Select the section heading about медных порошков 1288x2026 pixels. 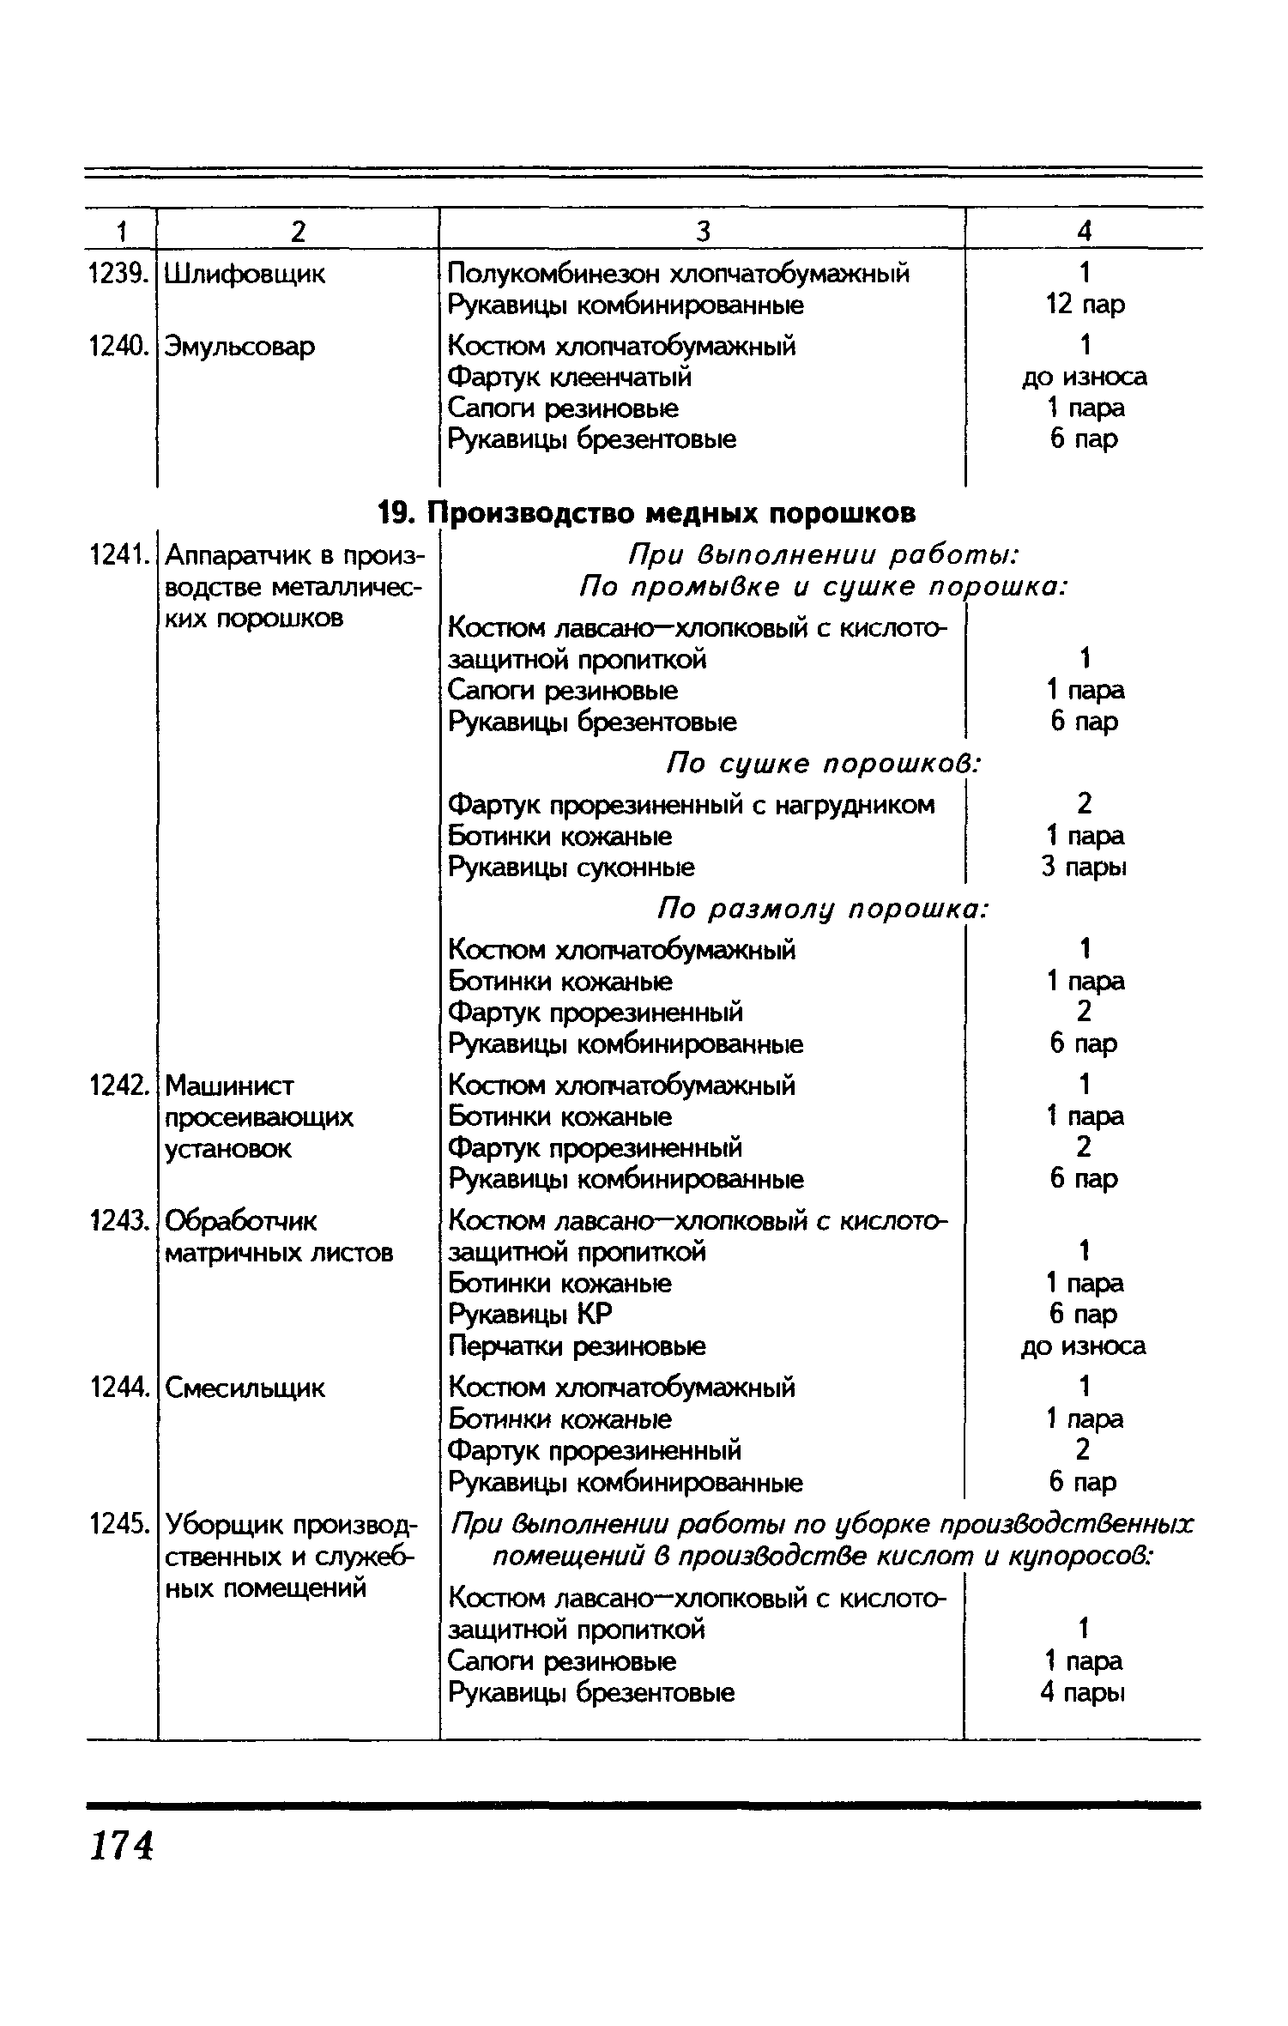(x=647, y=513)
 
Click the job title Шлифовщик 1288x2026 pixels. (x=245, y=275)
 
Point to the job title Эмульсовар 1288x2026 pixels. (x=239, y=347)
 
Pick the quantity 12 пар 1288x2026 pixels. (x=1085, y=305)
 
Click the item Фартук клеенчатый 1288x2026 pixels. (x=570, y=378)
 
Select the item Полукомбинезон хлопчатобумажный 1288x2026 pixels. (x=678, y=274)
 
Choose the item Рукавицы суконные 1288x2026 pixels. (x=571, y=868)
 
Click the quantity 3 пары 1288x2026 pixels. (x=1084, y=868)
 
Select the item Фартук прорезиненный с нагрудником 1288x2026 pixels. (x=692, y=805)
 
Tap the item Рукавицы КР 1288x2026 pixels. (x=530, y=1315)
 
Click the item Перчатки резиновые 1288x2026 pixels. (x=577, y=1346)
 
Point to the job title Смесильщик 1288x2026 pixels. (x=245, y=1388)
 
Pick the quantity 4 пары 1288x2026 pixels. (x=1082, y=1693)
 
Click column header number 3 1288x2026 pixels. (x=703, y=231)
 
